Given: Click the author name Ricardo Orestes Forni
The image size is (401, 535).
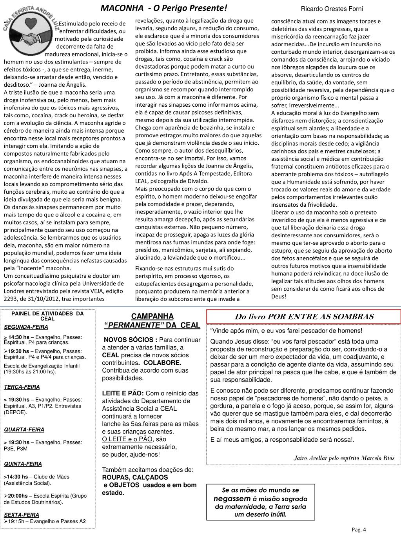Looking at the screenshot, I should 332,9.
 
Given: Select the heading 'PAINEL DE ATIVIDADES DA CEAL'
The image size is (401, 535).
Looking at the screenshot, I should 47,316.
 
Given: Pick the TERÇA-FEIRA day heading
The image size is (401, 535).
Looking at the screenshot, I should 22,387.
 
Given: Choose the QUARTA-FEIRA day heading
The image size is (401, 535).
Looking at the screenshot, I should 24,429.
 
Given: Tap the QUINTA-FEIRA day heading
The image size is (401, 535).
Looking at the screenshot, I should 23,464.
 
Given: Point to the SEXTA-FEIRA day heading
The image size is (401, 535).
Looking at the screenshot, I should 22,515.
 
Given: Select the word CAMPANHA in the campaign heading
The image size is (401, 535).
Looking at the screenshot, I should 152,316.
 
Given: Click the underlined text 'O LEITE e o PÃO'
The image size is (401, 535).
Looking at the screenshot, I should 127,439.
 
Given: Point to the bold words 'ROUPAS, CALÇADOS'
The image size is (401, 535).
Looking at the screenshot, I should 135,477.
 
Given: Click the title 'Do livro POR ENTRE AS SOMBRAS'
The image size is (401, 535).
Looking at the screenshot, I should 304,317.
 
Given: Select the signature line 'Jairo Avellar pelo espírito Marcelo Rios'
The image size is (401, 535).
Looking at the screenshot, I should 344,458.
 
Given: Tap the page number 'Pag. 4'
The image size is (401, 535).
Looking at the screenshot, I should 359,530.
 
